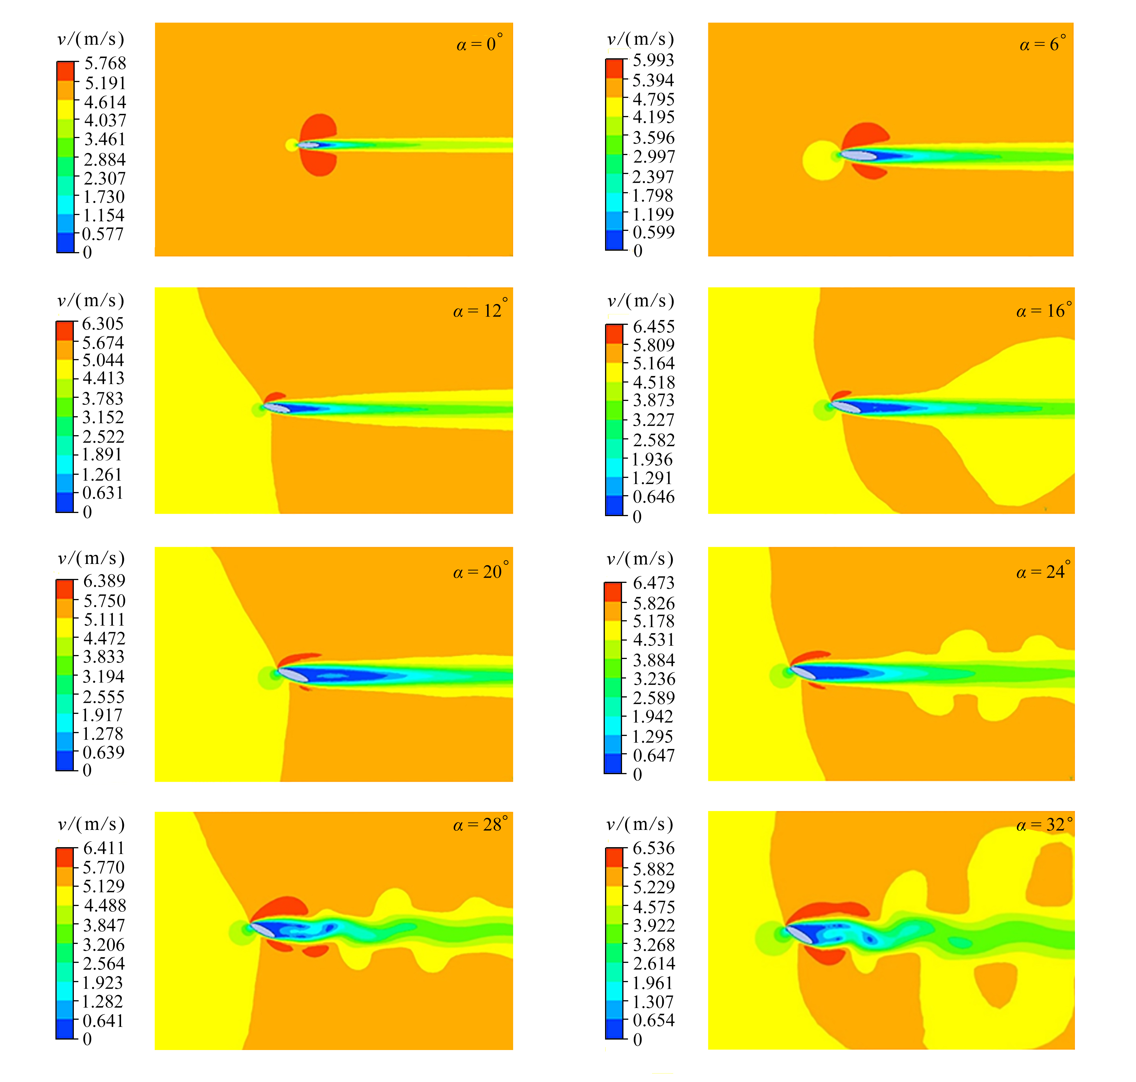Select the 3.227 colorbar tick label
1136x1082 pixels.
pos(653,420)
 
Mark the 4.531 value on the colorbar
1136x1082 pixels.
pos(653,640)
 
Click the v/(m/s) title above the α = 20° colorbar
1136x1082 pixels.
pos(91,558)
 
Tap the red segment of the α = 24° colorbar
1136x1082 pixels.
pos(613,592)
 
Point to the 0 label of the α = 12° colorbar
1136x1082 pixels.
pos(87,512)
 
